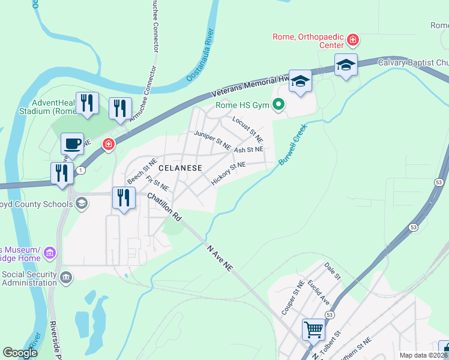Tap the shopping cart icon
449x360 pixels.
click(313, 329)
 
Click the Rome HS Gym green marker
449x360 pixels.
click(278, 106)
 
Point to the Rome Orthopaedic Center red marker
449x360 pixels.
click(353, 41)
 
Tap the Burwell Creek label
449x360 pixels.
click(292, 145)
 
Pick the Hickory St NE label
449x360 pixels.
click(229, 173)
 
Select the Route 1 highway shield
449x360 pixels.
click(80, 171)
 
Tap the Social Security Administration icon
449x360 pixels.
click(66, 277)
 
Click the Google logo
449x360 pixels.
click(20, 353)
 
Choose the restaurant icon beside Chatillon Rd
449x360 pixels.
click(124, 197)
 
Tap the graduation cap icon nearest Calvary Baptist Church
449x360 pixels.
click(346, 64)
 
